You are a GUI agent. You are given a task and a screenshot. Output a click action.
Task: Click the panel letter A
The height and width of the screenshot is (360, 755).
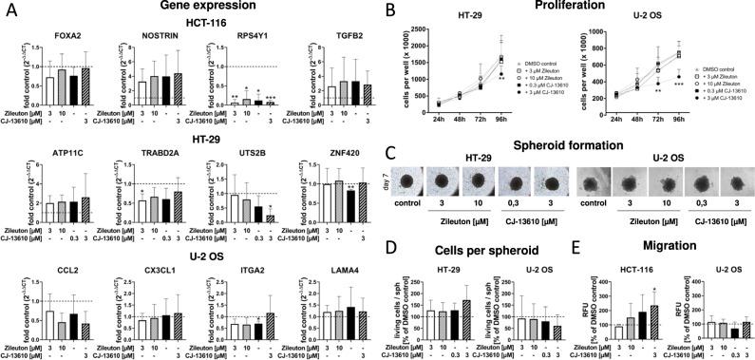pos(8,9)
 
